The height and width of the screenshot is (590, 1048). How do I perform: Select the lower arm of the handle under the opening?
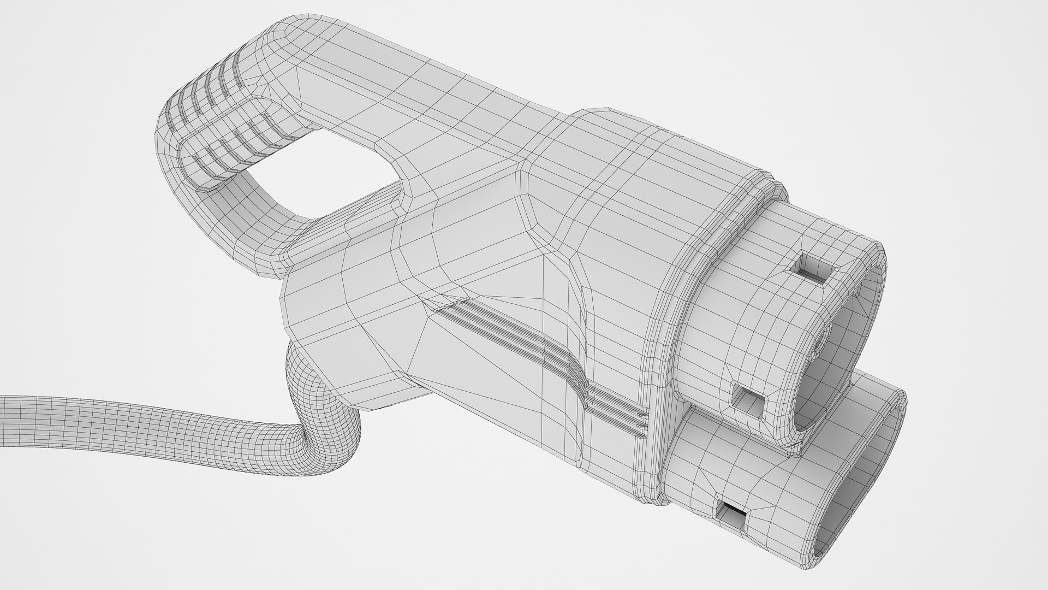[257, 208]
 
